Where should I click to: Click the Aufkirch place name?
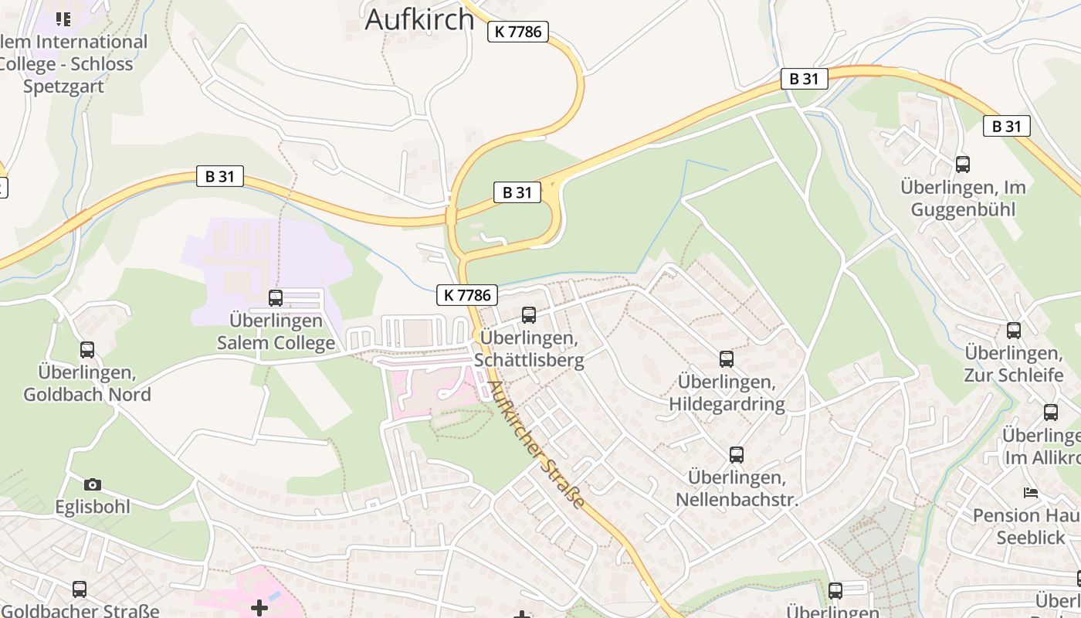(x=419, y=19)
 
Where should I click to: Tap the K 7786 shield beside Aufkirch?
(x=517, y=32)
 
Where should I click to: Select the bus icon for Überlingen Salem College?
(x=276, y=297)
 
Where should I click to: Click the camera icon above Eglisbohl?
(x=93, y=484)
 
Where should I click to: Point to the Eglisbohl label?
(x=93, y=507)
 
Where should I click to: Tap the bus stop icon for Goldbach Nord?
(x=87, y=350)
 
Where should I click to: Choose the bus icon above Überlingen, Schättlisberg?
(x=529, y=315)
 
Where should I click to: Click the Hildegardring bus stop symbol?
(x=727, y=359)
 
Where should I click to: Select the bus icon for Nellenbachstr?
(x=737, y=455)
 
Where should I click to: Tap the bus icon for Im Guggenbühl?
(x=963, y=164)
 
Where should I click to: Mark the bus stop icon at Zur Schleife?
(x=1014, y=331)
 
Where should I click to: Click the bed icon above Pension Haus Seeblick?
(x=1030, y=492)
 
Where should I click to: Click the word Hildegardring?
(x=727, y=404)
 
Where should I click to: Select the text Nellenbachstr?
(x=737, y=500)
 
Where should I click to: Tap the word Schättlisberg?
(x=529, y=360)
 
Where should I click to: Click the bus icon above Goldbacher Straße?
(x=80, y=589)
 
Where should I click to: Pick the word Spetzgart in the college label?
(x=63, y=86)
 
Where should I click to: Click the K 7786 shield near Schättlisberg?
(x=467, y=294)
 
